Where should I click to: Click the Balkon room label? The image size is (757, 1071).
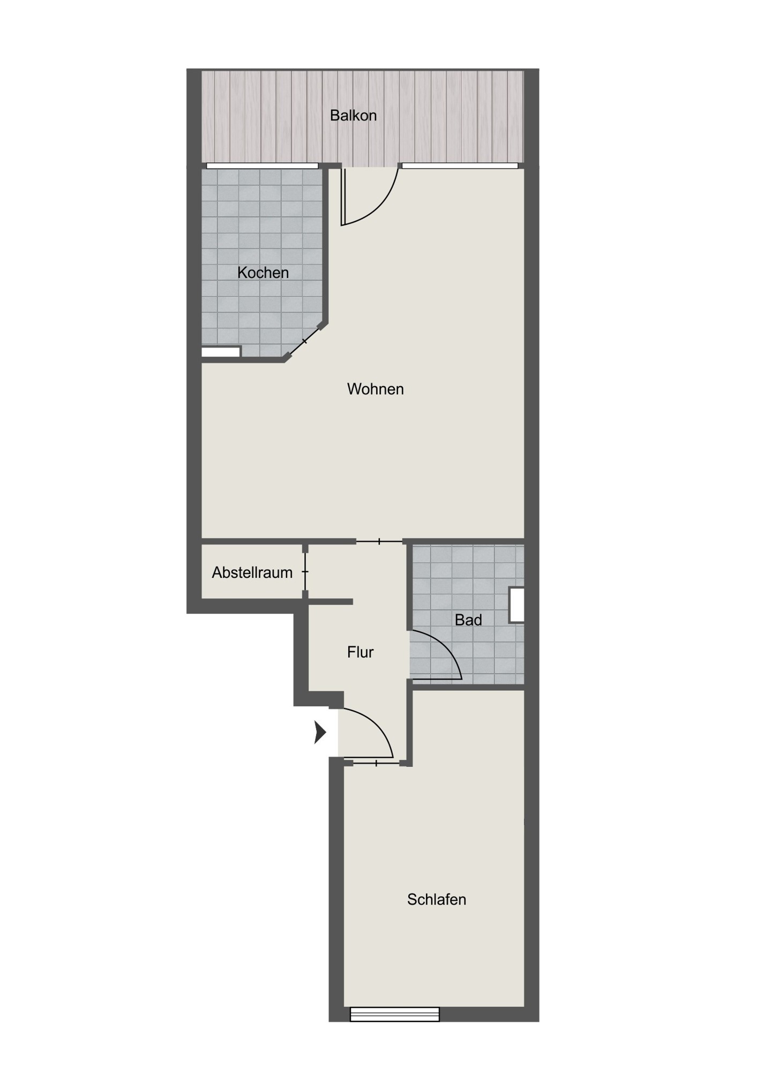click(353, 116)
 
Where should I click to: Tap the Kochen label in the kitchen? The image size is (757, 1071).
click(263, 273)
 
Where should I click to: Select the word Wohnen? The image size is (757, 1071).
click(376, 389)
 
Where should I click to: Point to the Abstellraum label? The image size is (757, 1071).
click(252, 572)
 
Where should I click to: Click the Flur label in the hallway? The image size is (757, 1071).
click(360, 652)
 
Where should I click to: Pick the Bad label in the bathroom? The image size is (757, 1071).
click(468, 620)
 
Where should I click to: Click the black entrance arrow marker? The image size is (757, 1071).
click(320, 733)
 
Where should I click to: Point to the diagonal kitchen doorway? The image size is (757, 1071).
click(304, 341)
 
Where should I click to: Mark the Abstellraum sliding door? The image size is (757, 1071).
click(305, 572)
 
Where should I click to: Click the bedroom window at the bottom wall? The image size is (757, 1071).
click(395, 1014)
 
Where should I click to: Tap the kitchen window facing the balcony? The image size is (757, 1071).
click(262, 165)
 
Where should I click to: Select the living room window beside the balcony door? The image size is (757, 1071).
click(460, 165)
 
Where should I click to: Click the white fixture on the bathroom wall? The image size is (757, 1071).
click(516, 605)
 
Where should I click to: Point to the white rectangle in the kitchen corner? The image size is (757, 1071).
click(221, 352)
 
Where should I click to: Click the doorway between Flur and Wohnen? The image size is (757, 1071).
click(379, 541)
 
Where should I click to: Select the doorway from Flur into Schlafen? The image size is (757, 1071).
click(377, 763)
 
